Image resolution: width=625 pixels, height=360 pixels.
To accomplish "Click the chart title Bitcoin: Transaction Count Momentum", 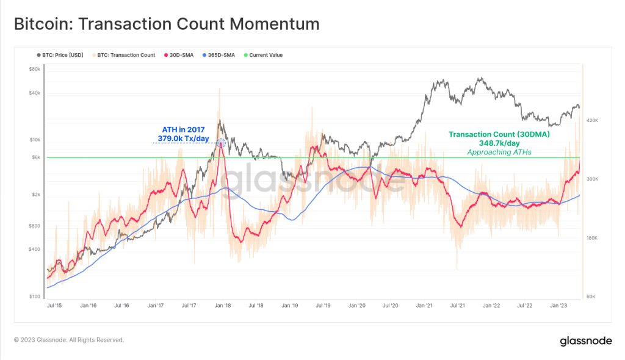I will point(167,24).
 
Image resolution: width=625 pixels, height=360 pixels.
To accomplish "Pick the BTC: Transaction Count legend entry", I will point(126,55).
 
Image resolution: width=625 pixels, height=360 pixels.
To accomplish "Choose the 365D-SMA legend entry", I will point(220,55).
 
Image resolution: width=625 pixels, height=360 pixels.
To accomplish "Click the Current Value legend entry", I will point(266,55).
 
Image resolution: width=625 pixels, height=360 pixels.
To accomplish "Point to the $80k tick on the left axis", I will point(34,69).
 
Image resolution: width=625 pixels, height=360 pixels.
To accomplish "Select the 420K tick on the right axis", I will point(593,121).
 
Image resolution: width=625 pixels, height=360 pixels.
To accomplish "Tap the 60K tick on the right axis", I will point(591,297).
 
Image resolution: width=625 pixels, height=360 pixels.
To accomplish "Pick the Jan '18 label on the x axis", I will point(223,305).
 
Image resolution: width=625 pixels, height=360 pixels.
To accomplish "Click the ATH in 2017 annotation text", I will point(183,129).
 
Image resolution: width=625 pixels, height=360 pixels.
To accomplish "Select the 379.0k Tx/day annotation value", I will point(180,139).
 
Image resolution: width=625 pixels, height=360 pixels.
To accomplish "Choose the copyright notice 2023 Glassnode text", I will point(68,340).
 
